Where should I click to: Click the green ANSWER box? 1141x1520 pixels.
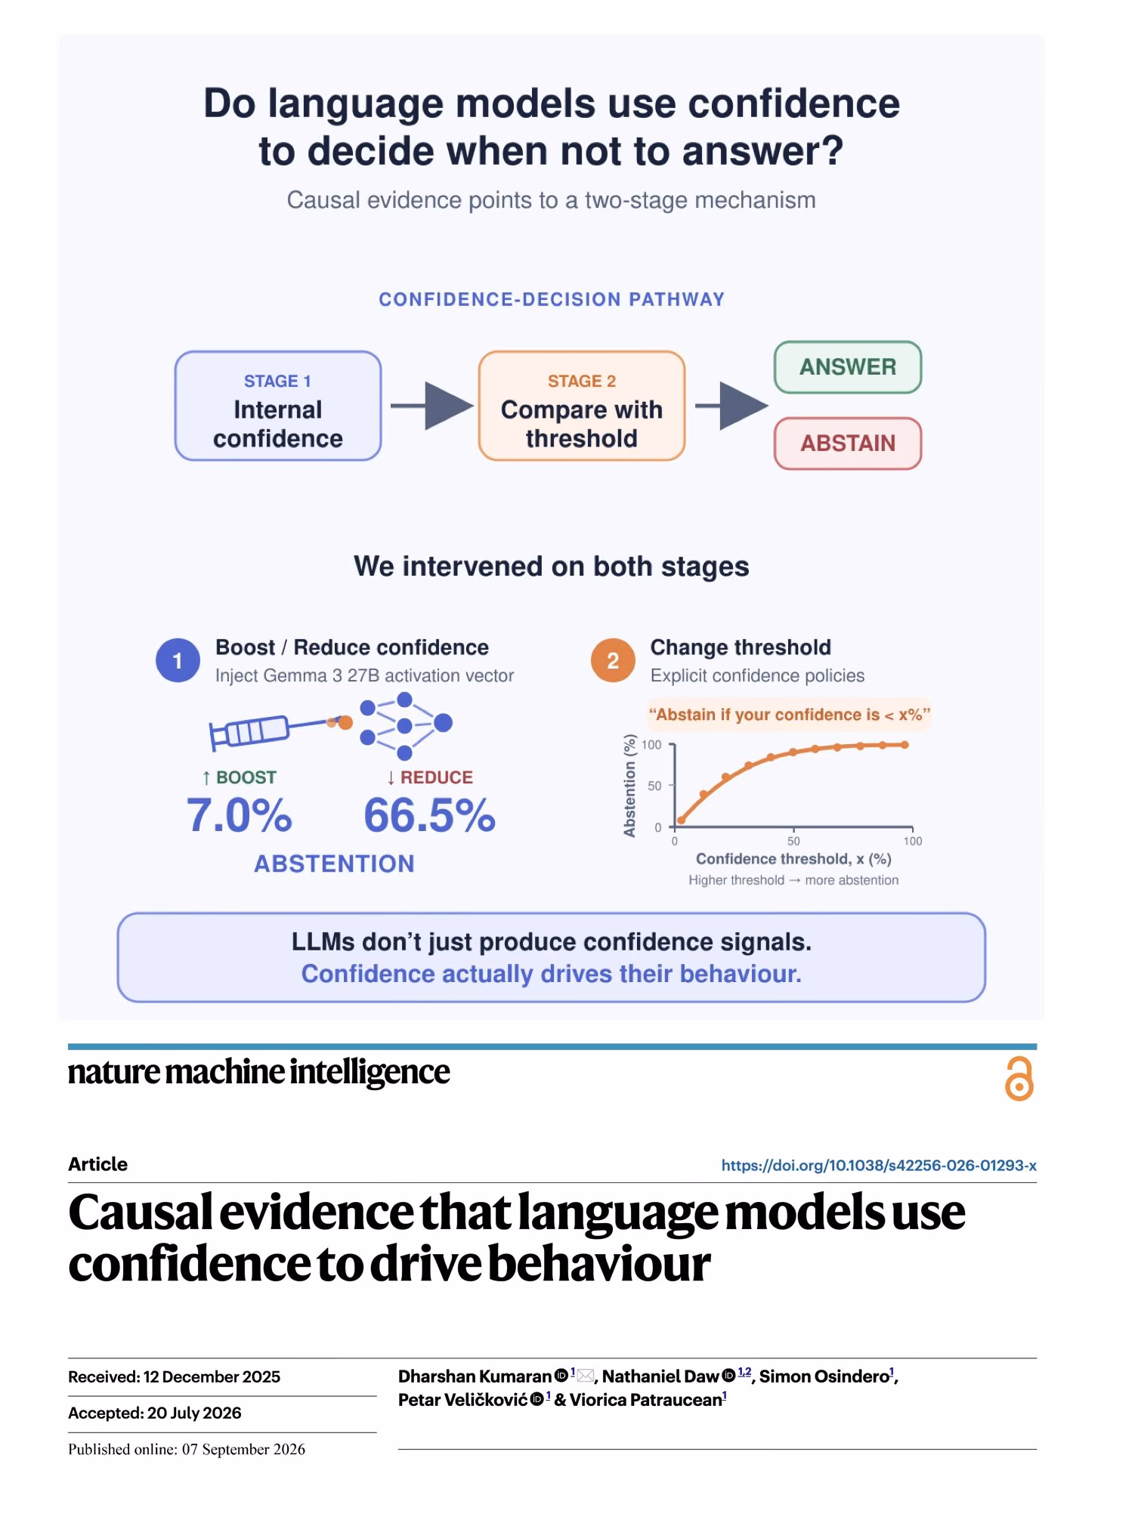pyautogui.click(x=847, y=367)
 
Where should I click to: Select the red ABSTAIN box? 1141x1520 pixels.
pyautogui.click(x=847, y=443)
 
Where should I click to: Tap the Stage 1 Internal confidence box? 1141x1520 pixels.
pyautogui.click(x=278, y=406)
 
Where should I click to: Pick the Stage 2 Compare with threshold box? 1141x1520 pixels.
pyautogui.click(x=582, y=406)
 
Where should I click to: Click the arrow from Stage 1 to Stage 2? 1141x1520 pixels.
pyautogui.click(x=431, y=406)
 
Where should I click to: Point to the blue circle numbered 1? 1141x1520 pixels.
pyautogui.click(x=178, y=660)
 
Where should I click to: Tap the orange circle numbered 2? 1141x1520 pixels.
pyautogui.click(x=613, y=660)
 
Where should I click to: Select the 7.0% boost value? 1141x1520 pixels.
pyautogui.click(x=240, y=816)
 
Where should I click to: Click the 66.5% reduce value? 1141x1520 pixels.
pyautogui.click(x=429, y=816)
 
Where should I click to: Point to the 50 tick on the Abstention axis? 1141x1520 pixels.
pyautogui.click(x=655, y=786)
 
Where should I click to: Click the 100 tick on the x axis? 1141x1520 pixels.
pyautogui.click(x=913, y=841)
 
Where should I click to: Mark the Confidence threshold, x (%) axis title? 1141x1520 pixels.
pyautogui.click(x=793, y=859)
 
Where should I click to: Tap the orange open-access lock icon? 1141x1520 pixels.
pyautogui.click(x=1019, y=1078)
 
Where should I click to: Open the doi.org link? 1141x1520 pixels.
pyautogui.click(x=879, y=1165)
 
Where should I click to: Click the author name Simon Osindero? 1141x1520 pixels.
pyautogui.click(x=824, y=1376)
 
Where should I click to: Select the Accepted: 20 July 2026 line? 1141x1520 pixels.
pyautogui.click(x=155, y=1413)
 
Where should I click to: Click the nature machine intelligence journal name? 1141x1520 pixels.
pyautogui.click(x=258, y=1072)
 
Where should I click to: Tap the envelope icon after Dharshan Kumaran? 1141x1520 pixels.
pyautogui.click(x=586, y=1376)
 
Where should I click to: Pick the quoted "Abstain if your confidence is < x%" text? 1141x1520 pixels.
pyautogui.click(x=790, y=715)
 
